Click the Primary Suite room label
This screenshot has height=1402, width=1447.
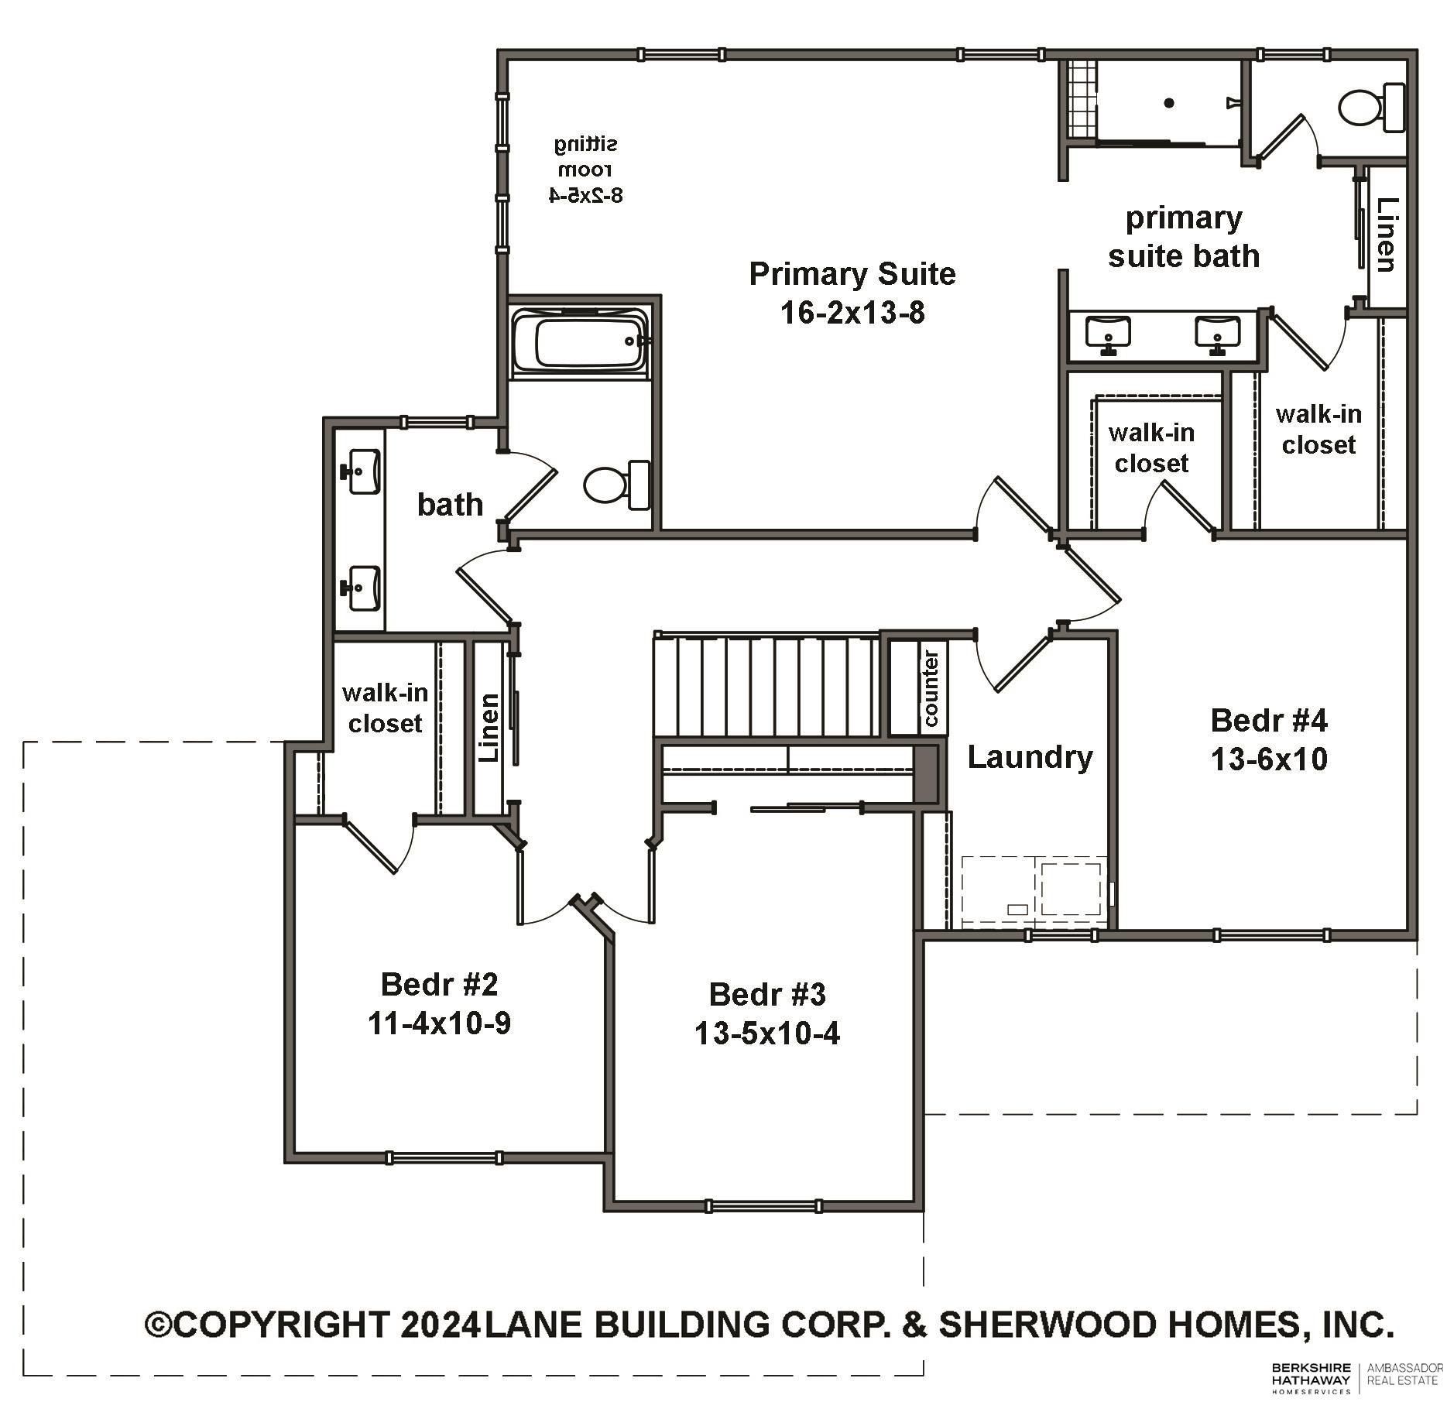pos(852,275)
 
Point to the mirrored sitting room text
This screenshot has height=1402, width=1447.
pos(586,169)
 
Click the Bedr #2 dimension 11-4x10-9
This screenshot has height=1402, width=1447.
pos(439,1024)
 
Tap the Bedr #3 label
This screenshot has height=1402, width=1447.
pos(767,994)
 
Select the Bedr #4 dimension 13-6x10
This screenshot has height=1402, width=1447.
pos(1269,759)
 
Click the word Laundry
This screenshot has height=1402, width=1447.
pos(1030,757)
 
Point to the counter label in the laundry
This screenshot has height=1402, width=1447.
pos(931,689)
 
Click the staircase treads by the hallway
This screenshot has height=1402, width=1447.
pos(766,686)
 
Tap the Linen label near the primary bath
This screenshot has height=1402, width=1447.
pos(1387,235)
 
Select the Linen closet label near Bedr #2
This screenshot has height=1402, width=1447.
pos(489,728)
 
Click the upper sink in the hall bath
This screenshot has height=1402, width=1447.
pos(361,471)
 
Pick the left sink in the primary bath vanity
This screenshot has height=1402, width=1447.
pos(1108,333)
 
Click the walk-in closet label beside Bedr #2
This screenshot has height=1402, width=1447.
pos(385,708)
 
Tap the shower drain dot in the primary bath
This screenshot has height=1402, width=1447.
pos(1169,102)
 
